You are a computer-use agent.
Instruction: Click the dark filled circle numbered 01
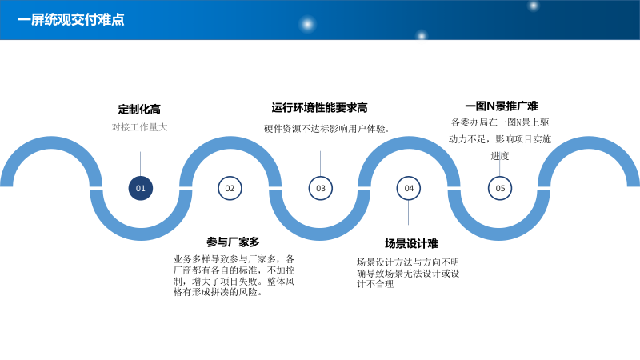pos(141,188)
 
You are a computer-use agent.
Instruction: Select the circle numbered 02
pos(230,188)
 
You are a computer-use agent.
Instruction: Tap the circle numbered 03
pos(321,188)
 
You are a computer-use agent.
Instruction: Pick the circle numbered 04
pos(409,188)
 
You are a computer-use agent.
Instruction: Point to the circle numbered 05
pos(500,188)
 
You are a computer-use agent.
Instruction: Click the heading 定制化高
pos(139,110)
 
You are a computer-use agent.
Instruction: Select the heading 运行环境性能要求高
pos(319,108)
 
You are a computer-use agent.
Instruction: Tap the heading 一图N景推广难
pos(501,106)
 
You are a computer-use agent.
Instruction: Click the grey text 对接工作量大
pos(139,127)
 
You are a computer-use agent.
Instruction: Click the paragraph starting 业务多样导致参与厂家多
pos(235,275)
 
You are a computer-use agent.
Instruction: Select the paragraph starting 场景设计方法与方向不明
pos(408,273)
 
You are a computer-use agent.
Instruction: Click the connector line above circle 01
pos(141,162)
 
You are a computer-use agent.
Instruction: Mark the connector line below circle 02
pos(230,213)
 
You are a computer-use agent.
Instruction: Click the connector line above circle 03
pos(321,162)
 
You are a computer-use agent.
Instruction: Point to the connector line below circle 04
pos(409,213)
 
